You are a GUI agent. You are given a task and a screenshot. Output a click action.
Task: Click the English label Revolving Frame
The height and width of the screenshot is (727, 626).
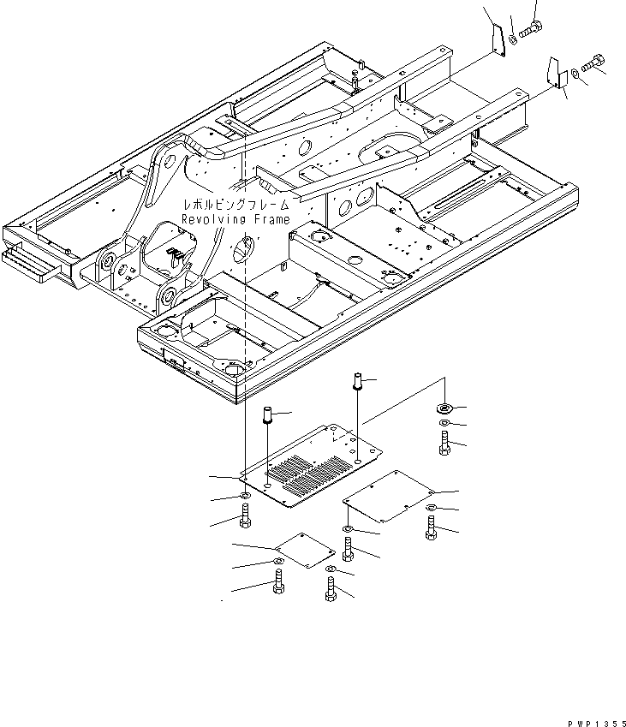235,219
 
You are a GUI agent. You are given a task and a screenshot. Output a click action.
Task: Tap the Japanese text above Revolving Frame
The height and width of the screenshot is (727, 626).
235,205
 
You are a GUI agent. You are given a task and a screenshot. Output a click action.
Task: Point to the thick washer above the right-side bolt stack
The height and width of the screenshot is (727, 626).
444,408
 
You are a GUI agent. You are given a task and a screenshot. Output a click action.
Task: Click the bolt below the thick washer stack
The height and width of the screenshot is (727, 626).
444,442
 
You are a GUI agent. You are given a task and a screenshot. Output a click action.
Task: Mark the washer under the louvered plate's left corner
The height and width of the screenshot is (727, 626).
245,495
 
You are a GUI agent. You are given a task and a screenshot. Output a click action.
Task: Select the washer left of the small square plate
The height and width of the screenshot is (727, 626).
278,561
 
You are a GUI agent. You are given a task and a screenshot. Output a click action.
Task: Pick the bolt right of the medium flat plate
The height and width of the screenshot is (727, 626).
430,526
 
